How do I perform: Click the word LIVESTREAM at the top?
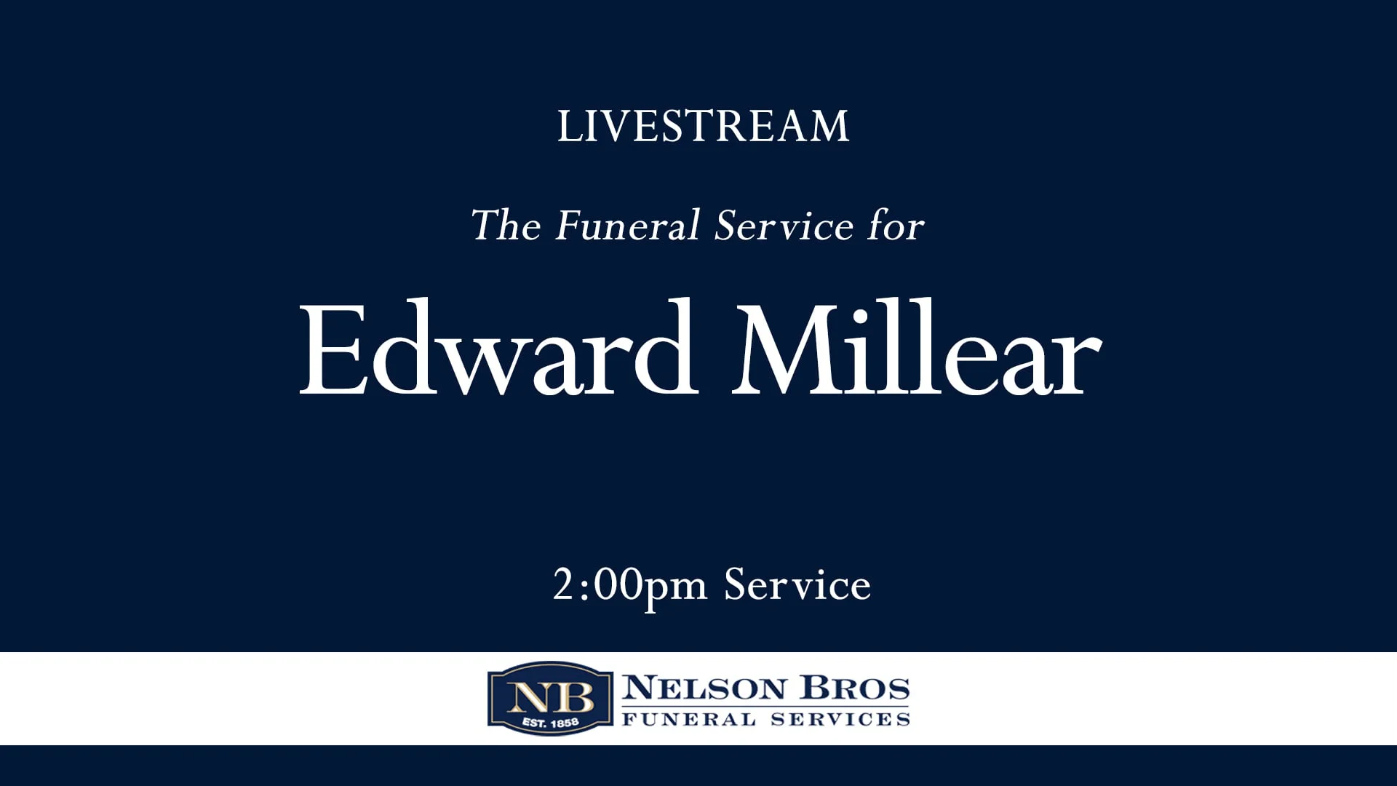pos(703,127)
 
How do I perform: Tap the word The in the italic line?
pos(506,225)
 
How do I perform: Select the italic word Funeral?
pos(627,225)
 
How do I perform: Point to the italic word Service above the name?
pos(784,225)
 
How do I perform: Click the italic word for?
pos(895,225)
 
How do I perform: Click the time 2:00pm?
pos(629,586)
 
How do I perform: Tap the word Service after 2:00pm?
pos(797,584)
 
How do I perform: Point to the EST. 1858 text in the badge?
pos(550,723)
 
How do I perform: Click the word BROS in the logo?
pos(855,688)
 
